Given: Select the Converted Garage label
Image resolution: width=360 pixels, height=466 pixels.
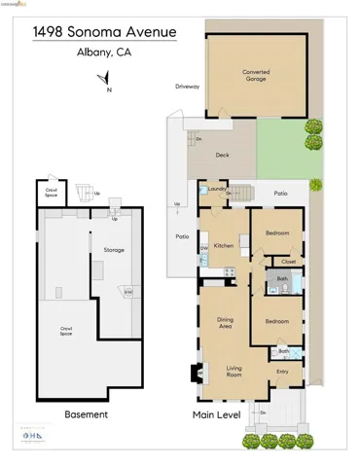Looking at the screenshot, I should click(256, 74).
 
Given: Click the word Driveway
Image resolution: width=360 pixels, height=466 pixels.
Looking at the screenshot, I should click(187, 87).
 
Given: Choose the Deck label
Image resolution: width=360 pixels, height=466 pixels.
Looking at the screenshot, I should click(222, 156).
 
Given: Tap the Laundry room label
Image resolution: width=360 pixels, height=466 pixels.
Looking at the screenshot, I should click(216, 189).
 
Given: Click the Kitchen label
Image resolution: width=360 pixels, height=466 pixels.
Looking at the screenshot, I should click(223, 245).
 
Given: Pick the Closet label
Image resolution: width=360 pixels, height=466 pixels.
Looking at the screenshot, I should click(288, 261).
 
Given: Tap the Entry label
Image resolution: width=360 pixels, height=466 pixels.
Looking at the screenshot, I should click(282, 371).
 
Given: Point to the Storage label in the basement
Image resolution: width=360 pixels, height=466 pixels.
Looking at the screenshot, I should click(114, 250).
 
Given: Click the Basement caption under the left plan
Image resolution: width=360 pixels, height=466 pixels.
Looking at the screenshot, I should click(86, 414).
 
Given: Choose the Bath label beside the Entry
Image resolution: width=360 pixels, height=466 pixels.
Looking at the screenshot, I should click(283, 350).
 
